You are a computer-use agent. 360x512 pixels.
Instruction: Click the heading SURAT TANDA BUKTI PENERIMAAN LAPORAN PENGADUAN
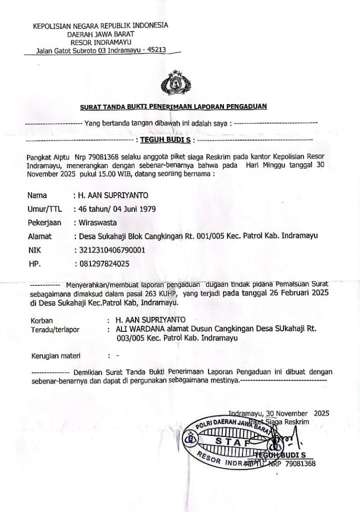[x=173, y=107]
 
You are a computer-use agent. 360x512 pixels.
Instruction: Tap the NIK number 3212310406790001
[x=117, y=250]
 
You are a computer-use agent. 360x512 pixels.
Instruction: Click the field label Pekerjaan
[x=44, y=223]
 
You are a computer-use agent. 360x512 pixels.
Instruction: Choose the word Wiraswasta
[x=98, y=223]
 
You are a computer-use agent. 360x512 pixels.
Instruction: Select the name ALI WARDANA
[x=133, y=328]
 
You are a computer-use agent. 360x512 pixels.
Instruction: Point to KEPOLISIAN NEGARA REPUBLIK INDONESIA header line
[x=100, y=25]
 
